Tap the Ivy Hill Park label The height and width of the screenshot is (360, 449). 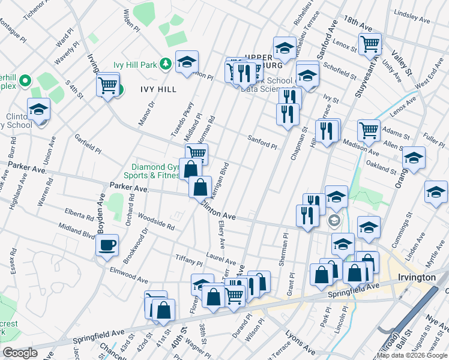click(x=135, y=65)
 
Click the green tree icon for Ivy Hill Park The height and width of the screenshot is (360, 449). click(x=164, y=65)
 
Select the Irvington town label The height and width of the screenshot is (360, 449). click(x=416, y=277)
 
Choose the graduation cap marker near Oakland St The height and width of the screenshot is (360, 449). click(x=414, y=157)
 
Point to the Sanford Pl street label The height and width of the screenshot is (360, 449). click(x=263, y=142)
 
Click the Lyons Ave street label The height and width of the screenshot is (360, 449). click(x=300, y=343)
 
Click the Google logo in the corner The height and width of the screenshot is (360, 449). click(x=20, y=353)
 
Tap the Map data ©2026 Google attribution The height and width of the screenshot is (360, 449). click(x=412, y=355)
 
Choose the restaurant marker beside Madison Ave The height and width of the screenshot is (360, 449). click(x=327, y=131)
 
